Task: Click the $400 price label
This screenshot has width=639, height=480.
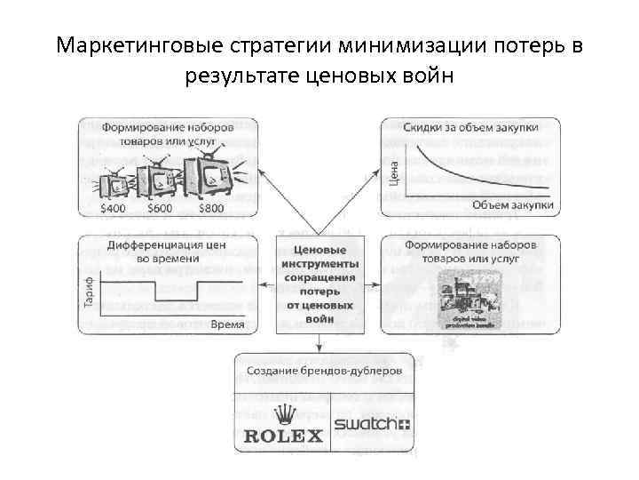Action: click(114, 209)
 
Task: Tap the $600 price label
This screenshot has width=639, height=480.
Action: click(161, 209)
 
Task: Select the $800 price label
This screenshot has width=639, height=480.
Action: click(211, 209)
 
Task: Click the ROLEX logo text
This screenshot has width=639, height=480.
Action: click(284, 436)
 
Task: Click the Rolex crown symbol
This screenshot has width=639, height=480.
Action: click(284, 413)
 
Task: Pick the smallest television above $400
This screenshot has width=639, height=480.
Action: click(114, 184)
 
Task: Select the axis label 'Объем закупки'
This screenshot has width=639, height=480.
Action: click(512, 204)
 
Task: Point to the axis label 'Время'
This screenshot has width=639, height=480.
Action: click(228, 324)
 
